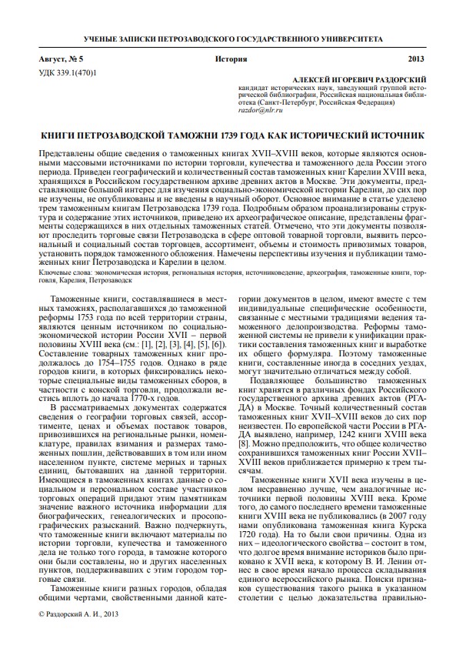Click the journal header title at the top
[231, 38]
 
